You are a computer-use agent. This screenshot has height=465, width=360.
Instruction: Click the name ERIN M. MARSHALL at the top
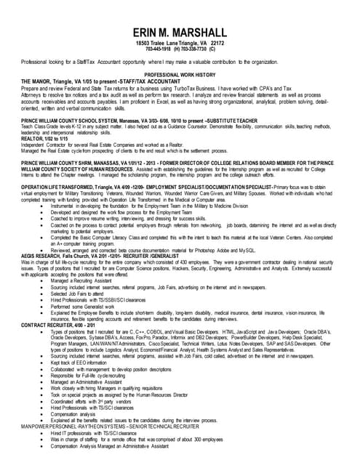tap(180, 33)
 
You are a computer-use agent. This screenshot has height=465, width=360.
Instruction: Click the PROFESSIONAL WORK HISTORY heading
tap(180, 75)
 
